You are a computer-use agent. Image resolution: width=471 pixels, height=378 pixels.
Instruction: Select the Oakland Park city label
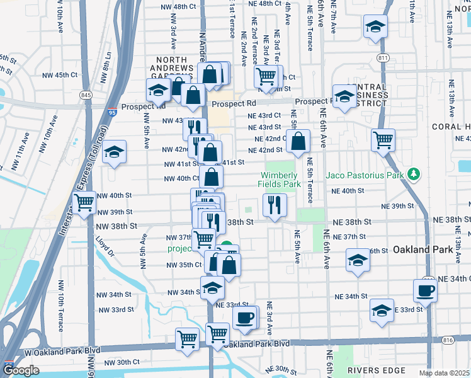point(423,249)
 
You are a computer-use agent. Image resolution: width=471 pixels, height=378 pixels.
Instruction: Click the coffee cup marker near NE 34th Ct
point(425,290)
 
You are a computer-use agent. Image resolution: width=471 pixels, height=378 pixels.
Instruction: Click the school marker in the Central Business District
point(344,95)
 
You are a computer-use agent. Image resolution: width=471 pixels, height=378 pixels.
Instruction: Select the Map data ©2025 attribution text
point(444,373)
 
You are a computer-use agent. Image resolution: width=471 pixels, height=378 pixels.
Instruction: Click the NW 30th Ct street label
point(122,362)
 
